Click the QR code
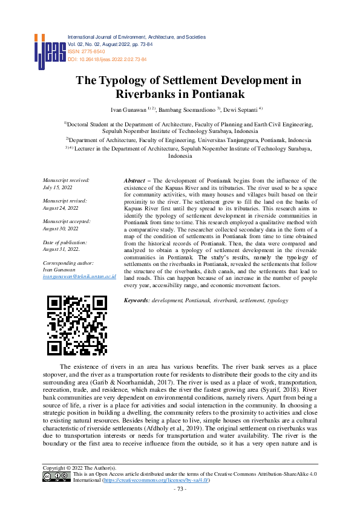tap(77, 325)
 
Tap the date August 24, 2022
tap(60, 207)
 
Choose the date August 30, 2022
tap(60, 229)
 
